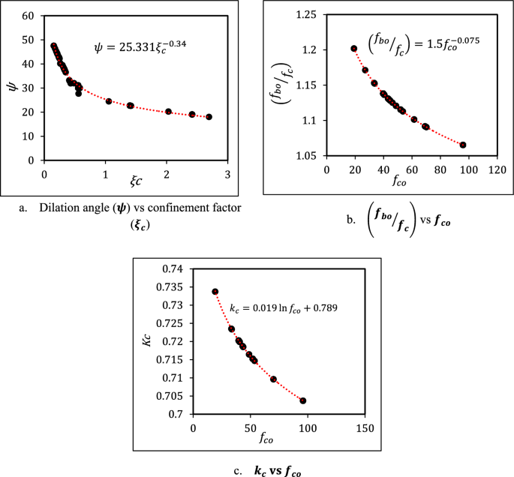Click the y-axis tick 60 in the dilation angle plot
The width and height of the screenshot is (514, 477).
point(28,16)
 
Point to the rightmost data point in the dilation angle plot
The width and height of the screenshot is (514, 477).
point(209,117)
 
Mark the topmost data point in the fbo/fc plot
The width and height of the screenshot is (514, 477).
point(354,49)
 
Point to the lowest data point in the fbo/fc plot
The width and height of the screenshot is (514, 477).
point(463,145)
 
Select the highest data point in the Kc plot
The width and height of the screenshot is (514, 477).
point(215,292)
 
